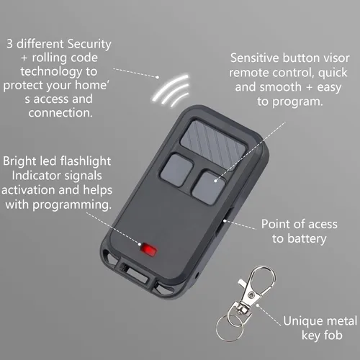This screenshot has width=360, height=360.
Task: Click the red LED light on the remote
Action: (148, 249)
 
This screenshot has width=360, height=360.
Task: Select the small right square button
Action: (208, 187)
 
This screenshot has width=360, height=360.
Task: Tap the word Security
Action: (89, 45)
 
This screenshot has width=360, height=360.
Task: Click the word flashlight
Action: (86, 161)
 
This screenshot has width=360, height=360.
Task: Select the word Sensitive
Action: (255, 58)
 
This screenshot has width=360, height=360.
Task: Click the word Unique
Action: (302, 322)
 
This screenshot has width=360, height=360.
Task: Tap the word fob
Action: (333, 335)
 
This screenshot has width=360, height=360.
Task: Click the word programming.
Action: (72, 205)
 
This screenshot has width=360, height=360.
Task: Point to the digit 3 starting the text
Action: (9, 44)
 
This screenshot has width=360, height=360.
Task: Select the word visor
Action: (336, 58)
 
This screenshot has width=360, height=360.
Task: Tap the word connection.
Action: (60, 113)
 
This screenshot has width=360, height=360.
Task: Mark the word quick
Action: (333, 73)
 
